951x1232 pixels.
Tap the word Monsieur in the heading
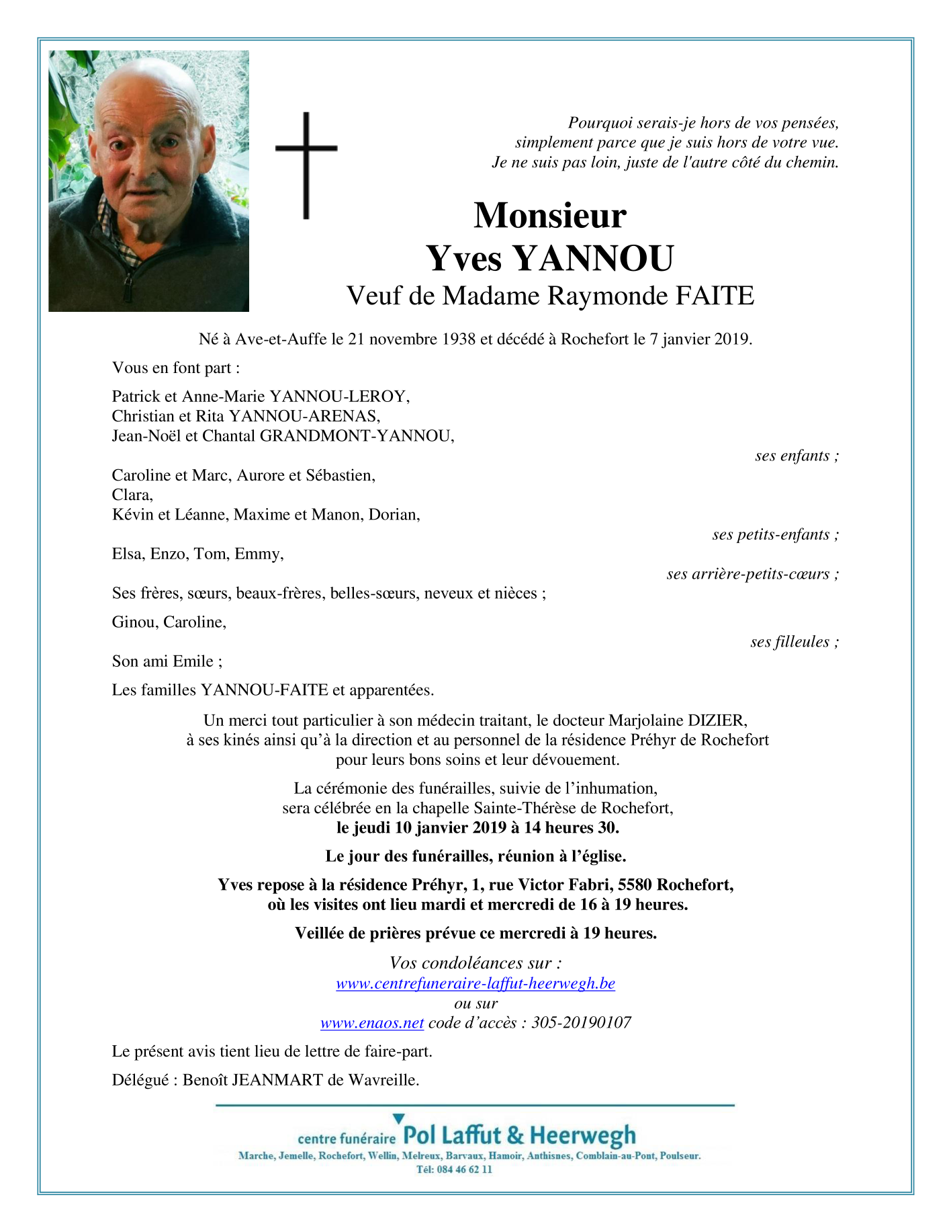[x=549, y=216]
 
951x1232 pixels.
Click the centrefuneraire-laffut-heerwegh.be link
[x=475, y=983]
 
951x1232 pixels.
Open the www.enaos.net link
[x=372, y=1023]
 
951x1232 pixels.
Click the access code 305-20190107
[x=581, y=1023]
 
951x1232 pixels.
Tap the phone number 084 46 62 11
[x=463, y=1169]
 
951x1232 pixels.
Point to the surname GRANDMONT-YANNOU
[x=356, y=436]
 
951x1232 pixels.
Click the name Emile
[x=193, y=661]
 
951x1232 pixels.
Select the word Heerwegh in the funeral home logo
[x=582, y=1136]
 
